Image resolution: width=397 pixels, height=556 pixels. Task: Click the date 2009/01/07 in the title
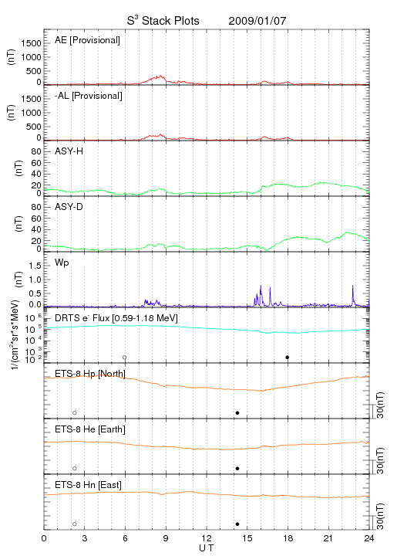(257, 21)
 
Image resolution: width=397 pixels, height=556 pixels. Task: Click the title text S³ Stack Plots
(163, 21)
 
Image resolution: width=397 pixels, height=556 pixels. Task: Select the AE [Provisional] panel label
(87, 40)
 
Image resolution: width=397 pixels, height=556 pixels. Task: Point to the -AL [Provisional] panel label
(89, 96)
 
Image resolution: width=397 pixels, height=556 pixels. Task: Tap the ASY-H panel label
(69, 151)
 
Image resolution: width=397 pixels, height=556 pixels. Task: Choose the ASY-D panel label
(69, 207)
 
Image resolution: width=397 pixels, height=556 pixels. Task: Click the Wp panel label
(62, 263)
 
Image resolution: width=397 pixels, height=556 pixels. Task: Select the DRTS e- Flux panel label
(116, 318)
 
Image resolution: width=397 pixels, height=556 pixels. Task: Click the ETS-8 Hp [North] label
(90, 374)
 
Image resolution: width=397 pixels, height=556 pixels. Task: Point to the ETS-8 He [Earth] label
(90, 429)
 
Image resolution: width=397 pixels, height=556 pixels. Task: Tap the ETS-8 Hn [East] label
(88, 485)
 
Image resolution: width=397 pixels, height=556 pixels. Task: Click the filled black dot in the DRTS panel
(288, 358)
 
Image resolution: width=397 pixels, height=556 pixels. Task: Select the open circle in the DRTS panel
(125, 358)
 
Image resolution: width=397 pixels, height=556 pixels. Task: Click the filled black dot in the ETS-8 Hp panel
(237, 412)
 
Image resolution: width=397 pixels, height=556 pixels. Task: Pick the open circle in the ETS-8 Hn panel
(75, 524)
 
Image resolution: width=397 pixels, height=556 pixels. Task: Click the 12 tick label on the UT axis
(207, 538)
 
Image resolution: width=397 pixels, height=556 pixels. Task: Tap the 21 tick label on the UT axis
(328, 538)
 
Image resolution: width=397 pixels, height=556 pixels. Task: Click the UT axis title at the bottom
(207, 548)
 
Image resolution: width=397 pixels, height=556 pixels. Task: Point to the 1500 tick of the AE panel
(31, 43)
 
